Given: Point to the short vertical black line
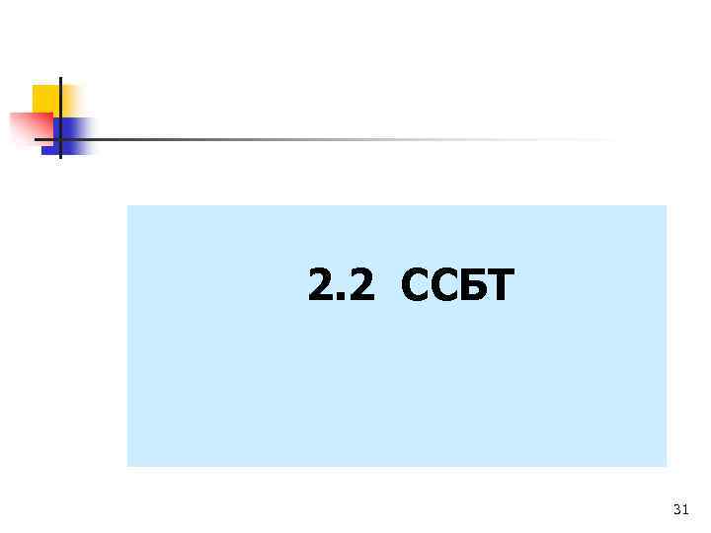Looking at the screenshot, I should (x=60, y=94).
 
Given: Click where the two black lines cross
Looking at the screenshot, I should (x=60, y=139).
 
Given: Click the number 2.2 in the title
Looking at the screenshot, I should (x=342, y=286).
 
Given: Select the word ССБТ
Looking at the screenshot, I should (x=457, y=286).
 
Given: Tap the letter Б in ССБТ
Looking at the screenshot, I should (x=471, y=286).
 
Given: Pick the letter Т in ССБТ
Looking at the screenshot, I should (x=500, y=286).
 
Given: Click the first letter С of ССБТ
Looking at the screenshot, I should (x=416, y=286).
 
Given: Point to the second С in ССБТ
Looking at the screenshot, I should (x=443, y=286).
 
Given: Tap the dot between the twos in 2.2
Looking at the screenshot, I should (x=343, y=298).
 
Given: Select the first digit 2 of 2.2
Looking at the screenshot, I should (x=322, y=286).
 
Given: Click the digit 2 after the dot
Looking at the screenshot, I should (x=361, y=286).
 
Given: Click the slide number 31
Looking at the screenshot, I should (x=679, y=509).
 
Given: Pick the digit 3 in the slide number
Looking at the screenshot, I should (x=675, y=509).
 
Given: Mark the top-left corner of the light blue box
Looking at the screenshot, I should (x=127, y=205).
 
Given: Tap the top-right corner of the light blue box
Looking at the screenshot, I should (x=667, y=205).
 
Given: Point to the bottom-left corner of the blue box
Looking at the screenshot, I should (x=127, y=466).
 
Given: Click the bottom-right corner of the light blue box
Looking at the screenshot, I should (x=667, y=466).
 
